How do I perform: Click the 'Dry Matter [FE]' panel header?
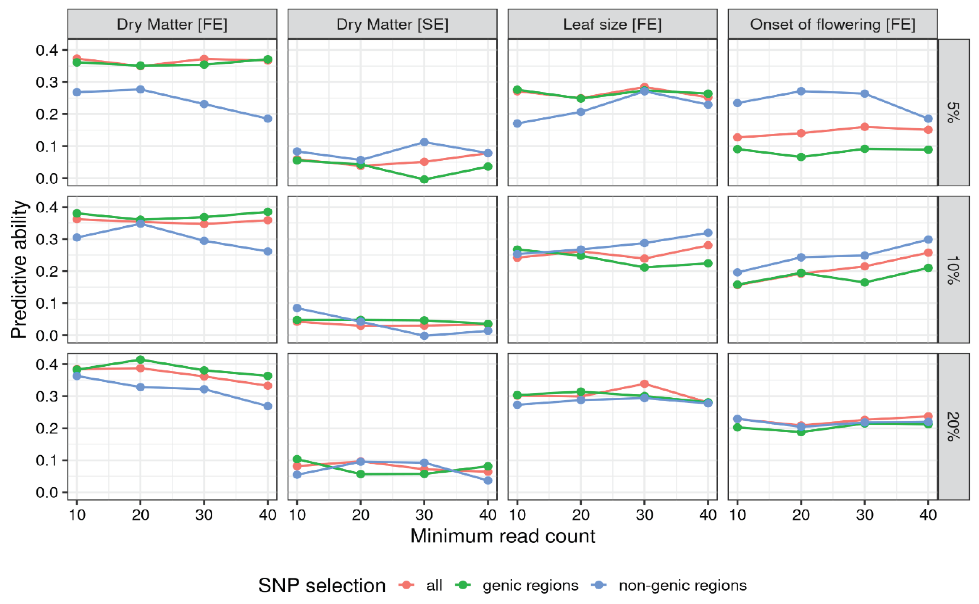pos(172,24)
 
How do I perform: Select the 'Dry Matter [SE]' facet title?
pos(392,24)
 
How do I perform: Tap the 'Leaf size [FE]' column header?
pos(612,24)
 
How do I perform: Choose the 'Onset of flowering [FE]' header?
pos(832,24)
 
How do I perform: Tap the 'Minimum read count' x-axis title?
pos(503,536)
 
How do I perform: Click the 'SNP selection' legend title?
pos(322,586)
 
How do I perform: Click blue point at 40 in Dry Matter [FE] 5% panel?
pos(268,119)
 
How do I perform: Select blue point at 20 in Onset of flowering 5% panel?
pos(801,91)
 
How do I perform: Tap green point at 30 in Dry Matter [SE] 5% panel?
pos(424,179)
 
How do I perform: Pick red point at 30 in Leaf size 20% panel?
pos(644,384)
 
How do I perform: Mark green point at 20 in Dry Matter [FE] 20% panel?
pos(140,359)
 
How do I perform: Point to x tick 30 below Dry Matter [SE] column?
pos(424,515)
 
